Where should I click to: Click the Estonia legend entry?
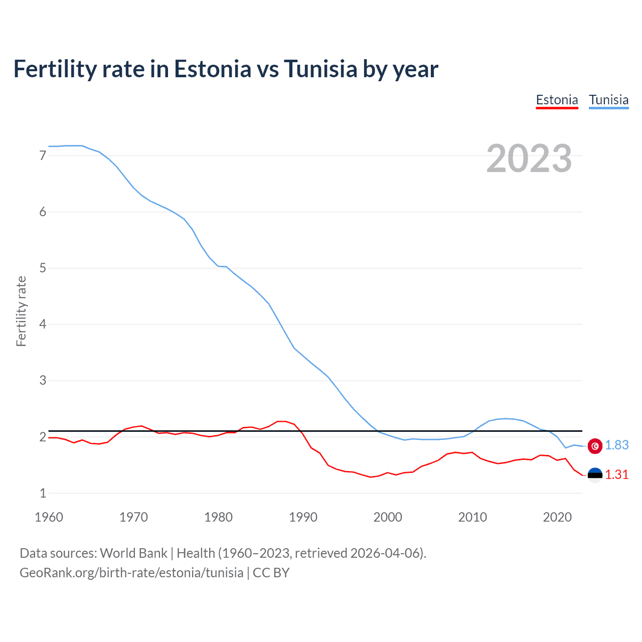tap(557, 100)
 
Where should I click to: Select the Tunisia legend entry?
tap(608, 100)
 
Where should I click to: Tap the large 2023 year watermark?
tap(529, 158)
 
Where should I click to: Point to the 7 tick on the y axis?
tap(43, 155)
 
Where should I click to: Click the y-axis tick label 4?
tap(43, 324)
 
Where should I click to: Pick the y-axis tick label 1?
tap(43, 493)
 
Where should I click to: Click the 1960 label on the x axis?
tap(49, 517)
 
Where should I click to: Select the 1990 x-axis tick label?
tap(303, 517)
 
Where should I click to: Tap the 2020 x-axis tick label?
tap(557, 517)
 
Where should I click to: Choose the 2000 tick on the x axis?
tap(388, 517)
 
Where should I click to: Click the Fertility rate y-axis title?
tap(21, 311)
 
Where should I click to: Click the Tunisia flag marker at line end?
tap(595, 446)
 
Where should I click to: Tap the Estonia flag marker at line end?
tap(595, 475)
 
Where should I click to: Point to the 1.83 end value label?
tap(616, 445)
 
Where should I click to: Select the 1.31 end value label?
tap(616, 474)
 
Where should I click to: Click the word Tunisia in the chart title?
tap(320, 69)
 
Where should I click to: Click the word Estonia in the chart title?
tap(212, 69)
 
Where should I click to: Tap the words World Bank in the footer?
tap(133, 553)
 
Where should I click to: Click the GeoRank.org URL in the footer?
tap(131, 573)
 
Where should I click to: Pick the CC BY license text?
tap(271, 573)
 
